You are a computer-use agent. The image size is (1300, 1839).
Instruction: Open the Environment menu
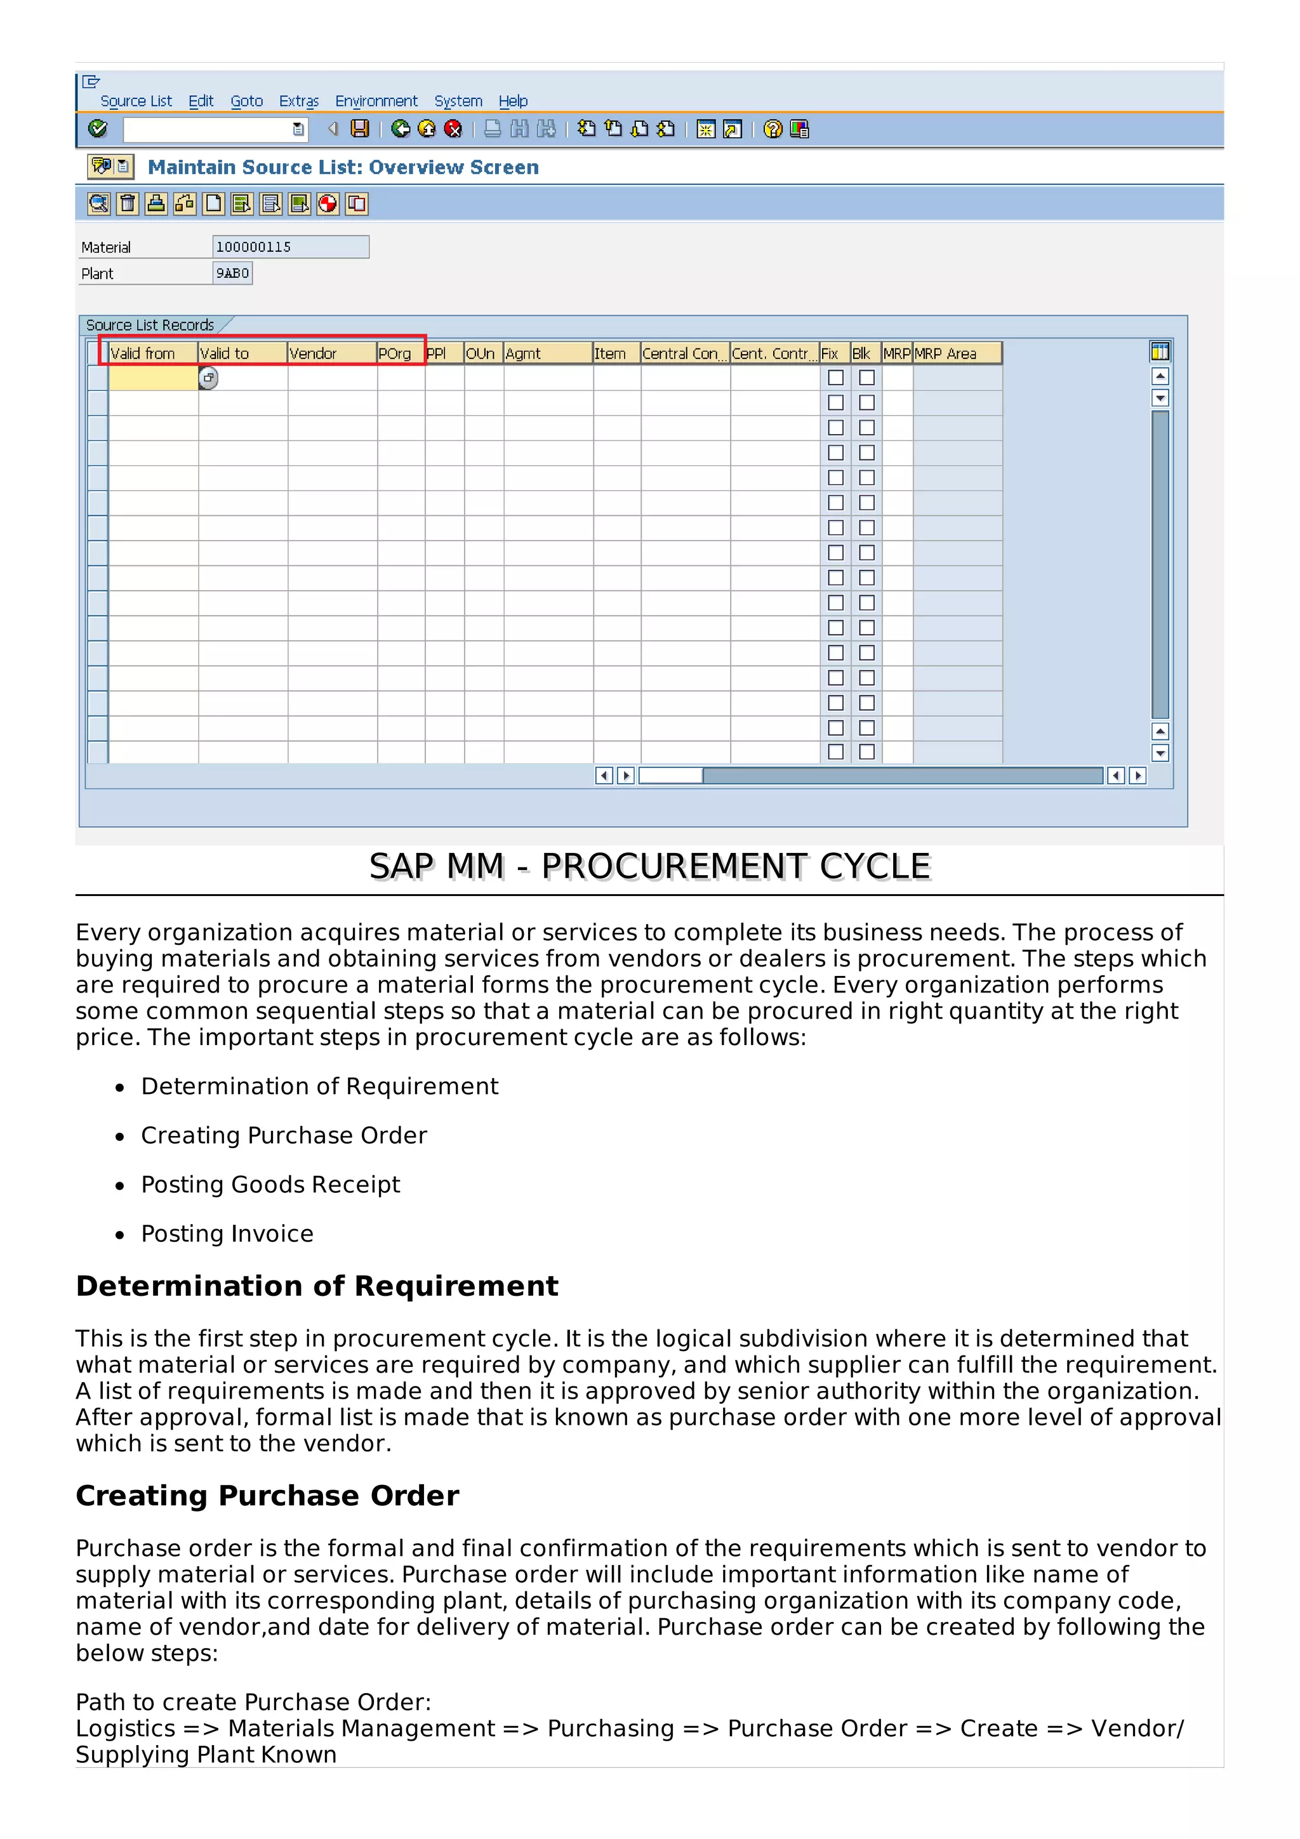[x=376, y=101]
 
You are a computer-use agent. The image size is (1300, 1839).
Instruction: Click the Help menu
[x=513, y=101]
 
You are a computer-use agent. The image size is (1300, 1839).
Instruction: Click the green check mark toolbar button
[x=98, y=128]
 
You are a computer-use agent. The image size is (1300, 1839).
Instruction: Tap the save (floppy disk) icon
[x=361, y=128]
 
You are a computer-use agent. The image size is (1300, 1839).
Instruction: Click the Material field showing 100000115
[x=290, y=247]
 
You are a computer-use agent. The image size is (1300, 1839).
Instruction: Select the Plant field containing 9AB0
[x=232, y=273]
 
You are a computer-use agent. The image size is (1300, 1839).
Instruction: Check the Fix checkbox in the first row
[x=835, y=377]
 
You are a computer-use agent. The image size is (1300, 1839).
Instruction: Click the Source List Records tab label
[x=150, y=324]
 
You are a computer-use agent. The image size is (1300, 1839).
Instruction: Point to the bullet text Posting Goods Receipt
[x=270, y=1184]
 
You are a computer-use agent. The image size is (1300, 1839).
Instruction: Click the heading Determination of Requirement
[x=316, y=1286]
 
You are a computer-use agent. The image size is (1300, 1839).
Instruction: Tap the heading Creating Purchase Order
[x=267, y=1496]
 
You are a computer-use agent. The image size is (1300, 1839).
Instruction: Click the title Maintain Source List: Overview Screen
[x=343, y=168]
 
